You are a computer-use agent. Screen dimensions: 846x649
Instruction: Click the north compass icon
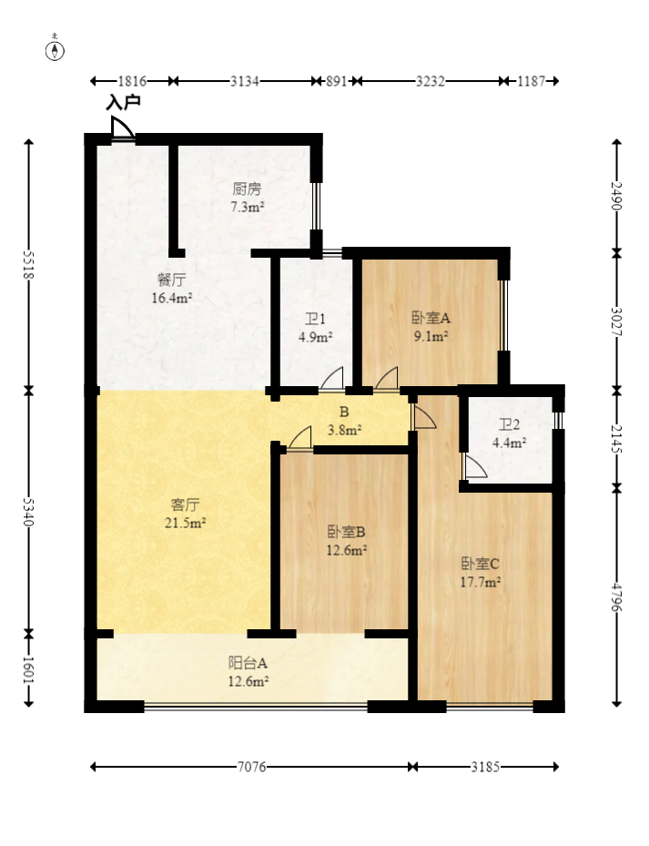pyautogui.click(x=56, y=50)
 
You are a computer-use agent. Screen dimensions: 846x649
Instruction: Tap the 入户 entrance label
pyautogui.click(x=123, y=103)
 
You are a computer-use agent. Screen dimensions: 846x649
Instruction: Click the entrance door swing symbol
pyautogui.click(x=122, y=129)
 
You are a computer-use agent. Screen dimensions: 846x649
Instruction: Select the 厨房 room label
pyautogui.click(x=247, y=189)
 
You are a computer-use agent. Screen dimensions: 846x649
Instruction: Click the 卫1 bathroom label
pyautogui.click(x=316, y=320)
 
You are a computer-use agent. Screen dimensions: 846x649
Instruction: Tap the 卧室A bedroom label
pyautogui.click(x=431, y=319)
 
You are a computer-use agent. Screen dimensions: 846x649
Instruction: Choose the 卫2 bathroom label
pyautogui.click(x=509, y=425)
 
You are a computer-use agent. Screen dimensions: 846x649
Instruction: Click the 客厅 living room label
pyautogui.click(x=186, y=504)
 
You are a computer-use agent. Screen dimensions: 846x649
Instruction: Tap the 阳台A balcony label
pyautogui.click(x=247, y=663)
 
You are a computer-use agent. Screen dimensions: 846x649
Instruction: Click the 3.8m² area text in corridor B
pyautogui.click(x=345, y=430)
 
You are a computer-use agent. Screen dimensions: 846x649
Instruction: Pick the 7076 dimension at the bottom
pyautogui.click(x=251, y=767)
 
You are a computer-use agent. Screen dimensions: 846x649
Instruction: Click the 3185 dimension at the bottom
pyautogui.click(x=485, y=767)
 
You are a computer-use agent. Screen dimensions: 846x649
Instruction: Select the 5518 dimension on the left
pyautogui.click(x=28, y=265)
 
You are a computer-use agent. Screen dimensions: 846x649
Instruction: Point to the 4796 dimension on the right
pyautogui.click(x=617, y=597)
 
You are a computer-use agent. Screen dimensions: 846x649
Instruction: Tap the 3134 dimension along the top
pyautogui.click(x=245, y=81)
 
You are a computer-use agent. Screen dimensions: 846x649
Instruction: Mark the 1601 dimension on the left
pyautogui.click(x=28, y=669)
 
